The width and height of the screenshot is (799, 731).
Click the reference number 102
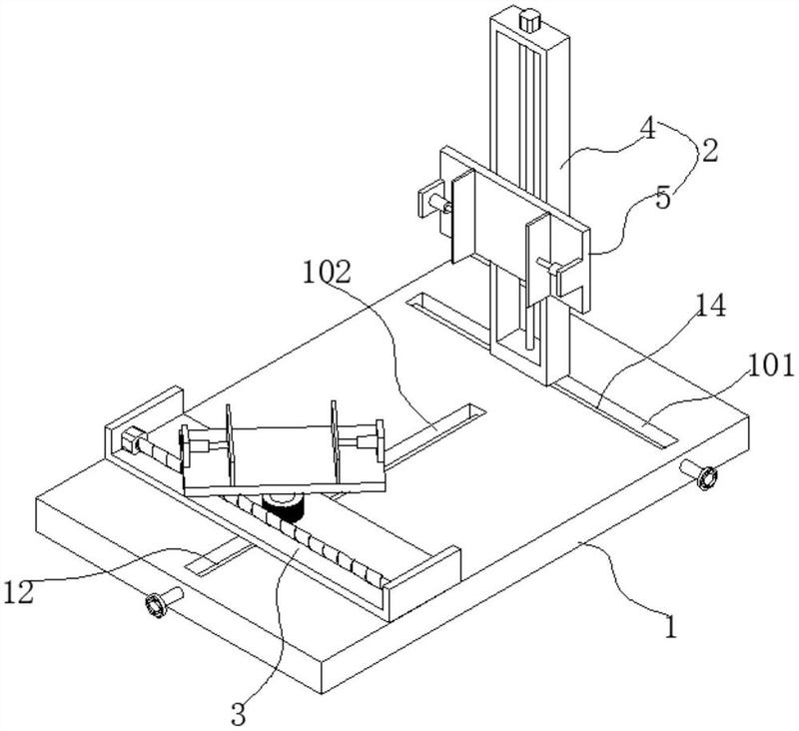click(x=328, y=272)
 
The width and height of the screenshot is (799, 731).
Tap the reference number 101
click(x=771, y=365)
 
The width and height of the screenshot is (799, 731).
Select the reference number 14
click(x=709, y=307)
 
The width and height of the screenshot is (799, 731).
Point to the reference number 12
click(x=18, y=592)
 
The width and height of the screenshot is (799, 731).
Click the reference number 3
click(x=239, y=714)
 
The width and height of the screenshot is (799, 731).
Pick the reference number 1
click(x=670, y=626)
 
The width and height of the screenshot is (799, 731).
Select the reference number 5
click(x=663, y=198)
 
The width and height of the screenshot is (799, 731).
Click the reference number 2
click(x=710, y=151)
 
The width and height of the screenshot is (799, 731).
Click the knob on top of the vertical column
click(x=530, y=20)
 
